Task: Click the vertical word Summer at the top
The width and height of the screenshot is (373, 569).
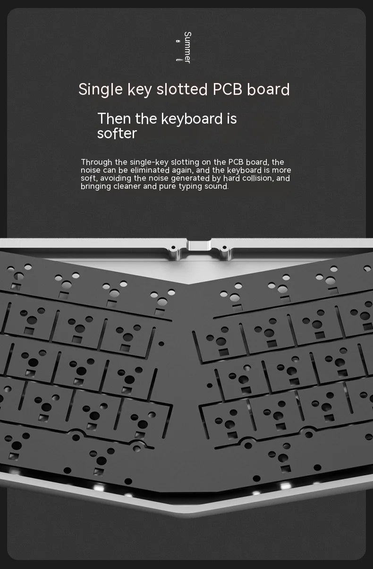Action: pyautogui.click(x=187, y=47)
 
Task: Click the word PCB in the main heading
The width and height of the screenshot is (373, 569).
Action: pyautogui.click(x=228, y=89)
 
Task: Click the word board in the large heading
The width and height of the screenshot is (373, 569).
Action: pyautogui.click(x=268, y=89)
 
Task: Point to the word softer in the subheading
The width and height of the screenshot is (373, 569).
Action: pyautogui.click(x=117, y=134)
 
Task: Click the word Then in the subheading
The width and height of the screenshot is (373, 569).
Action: pyautogui.click(x=114, y=118)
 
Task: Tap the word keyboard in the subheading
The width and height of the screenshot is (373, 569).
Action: pyautogui.click(x=191, y=118)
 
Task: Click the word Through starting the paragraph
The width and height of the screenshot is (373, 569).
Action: pyautogui.click(x=97, y=162)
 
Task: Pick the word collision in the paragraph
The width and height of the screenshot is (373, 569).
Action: pyautogui.click(x=257, y=178)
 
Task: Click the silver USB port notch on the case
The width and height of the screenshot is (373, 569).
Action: pyautogui.click(x=199, y=246)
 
